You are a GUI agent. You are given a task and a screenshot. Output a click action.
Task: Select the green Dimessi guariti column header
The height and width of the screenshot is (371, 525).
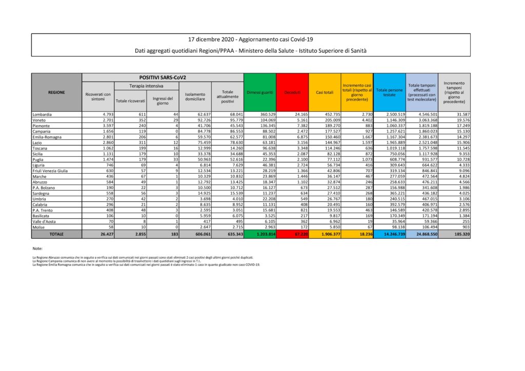[x=259, y=92]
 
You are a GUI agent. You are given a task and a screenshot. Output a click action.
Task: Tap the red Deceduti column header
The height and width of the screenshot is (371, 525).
[x=292, y=92]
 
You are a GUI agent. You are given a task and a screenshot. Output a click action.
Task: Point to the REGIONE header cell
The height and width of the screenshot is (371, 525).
[x=56, y=92]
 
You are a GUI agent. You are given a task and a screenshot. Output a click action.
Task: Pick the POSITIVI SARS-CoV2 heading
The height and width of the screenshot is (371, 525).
[x=163, y=77]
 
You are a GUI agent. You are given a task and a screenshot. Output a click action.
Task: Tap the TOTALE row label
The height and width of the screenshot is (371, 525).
[x=56, y=234]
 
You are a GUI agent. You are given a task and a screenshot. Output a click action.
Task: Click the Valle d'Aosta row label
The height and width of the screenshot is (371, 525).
[x=43, y=221]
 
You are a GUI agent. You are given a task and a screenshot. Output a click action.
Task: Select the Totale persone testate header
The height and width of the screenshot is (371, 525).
[x=390, y=92]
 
